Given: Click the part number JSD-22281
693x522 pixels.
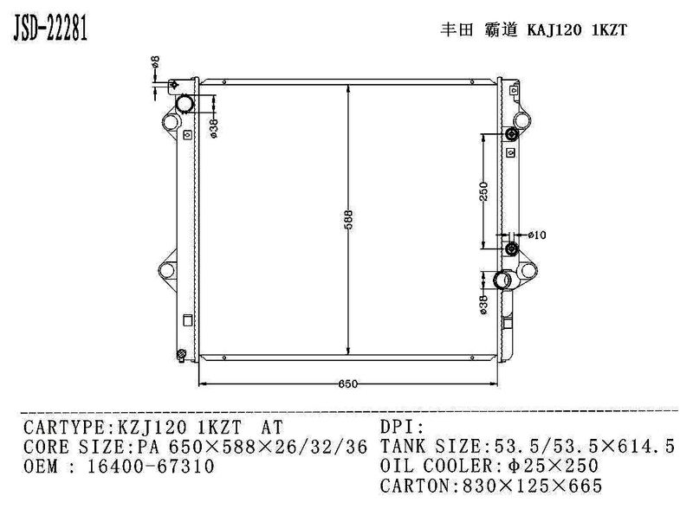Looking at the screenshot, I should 49,28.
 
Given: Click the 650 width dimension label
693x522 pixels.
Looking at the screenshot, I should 346,383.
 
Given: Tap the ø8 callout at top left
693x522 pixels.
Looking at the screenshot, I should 154,61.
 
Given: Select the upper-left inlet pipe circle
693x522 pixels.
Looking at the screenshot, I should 186,103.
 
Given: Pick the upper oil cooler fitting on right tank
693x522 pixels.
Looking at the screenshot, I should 510,135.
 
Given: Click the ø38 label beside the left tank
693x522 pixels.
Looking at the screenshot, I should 214,127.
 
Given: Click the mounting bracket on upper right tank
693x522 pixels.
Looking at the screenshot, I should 521,119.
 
